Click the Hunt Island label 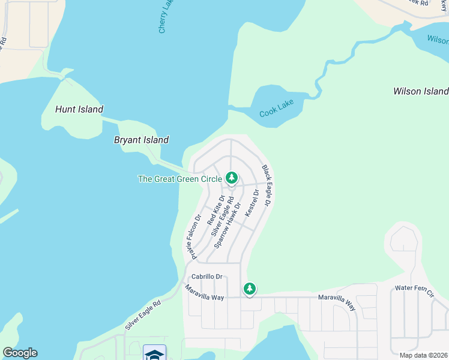tap(79, 109)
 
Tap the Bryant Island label tap(141, 140)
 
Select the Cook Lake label tap(277, 113)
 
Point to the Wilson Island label tap(420, 91)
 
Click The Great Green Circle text tap(180, 179)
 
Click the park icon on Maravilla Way tap(250, 289)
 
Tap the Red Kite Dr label tap(215, 209)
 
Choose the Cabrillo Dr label tap(207, 277)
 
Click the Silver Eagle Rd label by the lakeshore tap(144, 314)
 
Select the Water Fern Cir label tap(414, 289)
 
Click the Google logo tap(20, 353)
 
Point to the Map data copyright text tap(424, 355)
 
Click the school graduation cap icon tap(154, 353)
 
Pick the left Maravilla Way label tap(204, 293)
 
